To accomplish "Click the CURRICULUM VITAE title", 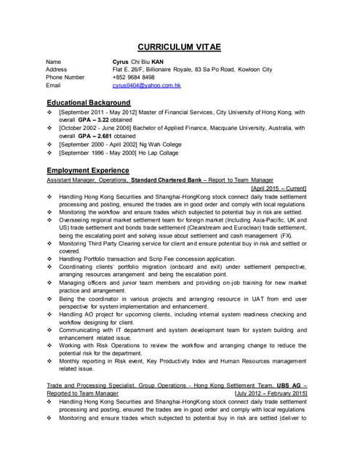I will (180, 47).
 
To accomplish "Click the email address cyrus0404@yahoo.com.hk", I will (146, 86).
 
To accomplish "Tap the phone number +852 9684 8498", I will (134, 78).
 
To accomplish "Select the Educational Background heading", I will (88, 102).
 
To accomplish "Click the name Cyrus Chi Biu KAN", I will (138, 62).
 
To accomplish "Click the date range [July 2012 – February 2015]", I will (271, 393).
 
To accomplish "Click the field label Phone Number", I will (65, 78).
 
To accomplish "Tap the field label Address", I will (57, 70).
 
